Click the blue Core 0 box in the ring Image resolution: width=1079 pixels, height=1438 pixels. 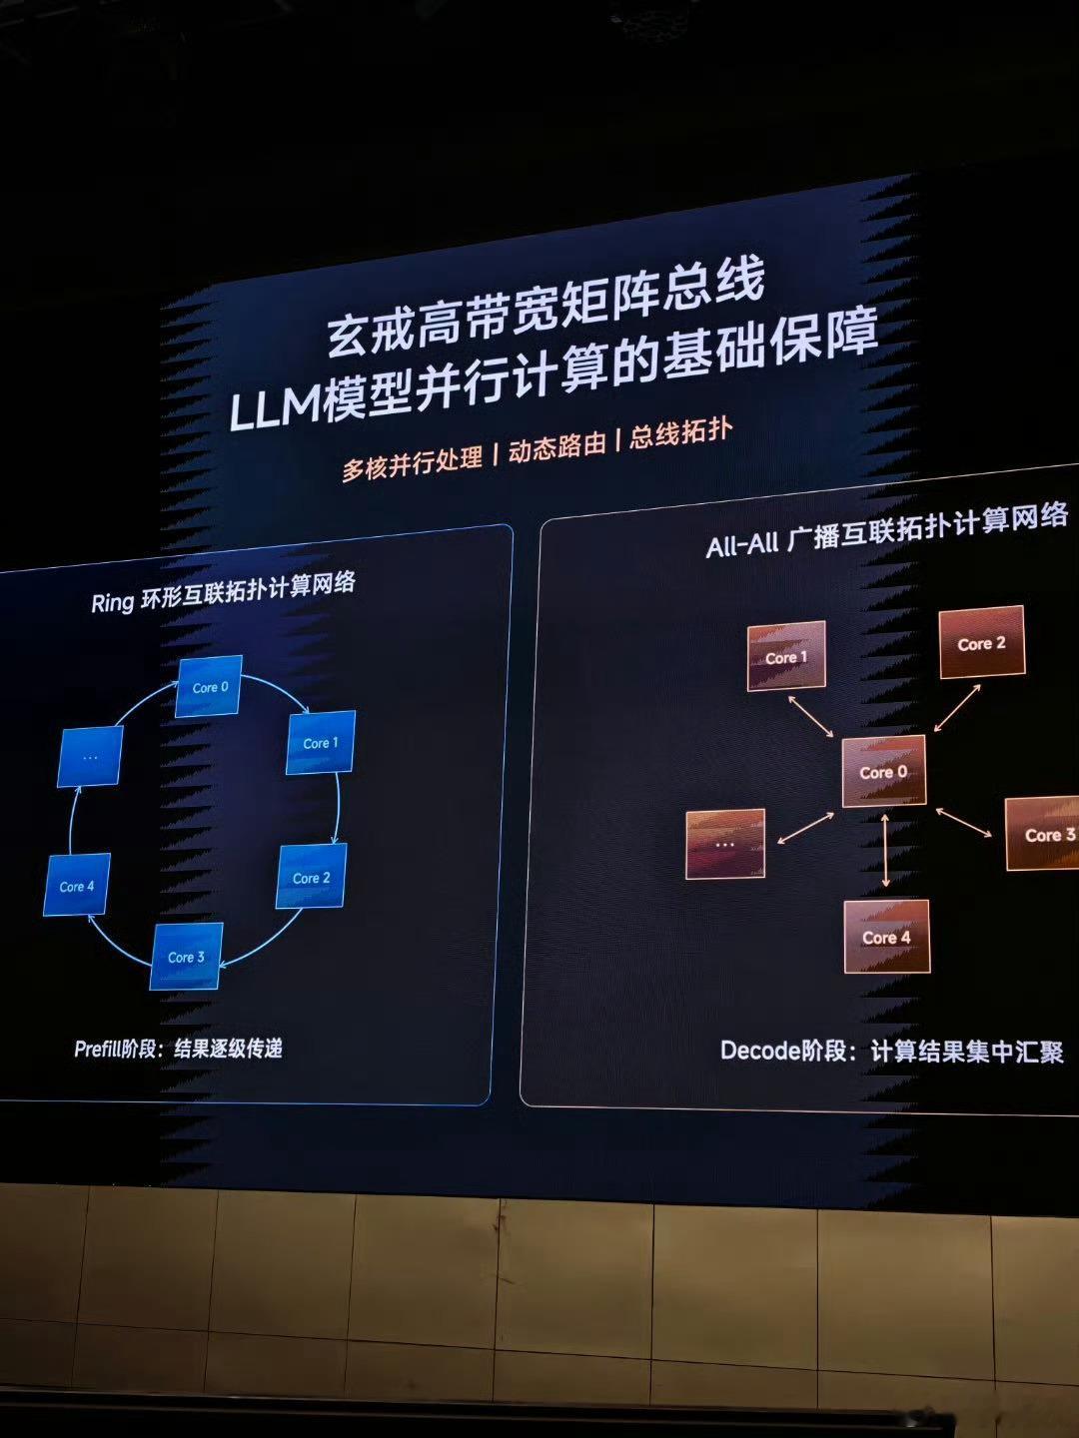pyautogui.click(x=209, y=686)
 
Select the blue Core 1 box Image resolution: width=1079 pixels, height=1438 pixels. pyautogui.click(x=321, y=742)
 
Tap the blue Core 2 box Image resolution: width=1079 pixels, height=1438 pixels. pyautogui.click(x=311, y=877)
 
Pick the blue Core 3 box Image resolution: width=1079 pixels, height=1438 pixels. pyautogui.click(x=186, y=957)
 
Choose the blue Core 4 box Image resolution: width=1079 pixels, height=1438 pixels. pyautogui.click(x=77, y=885)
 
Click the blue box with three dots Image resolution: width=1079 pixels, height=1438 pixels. pyautogui.click(x=90, y=757)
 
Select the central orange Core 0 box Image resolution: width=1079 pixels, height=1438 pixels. pyautogui.click(x=884, y=771)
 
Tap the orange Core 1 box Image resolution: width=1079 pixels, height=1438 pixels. pyautogui.click(x=786, y=656)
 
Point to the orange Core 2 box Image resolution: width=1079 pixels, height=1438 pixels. pyautogui.click(x=982, y=643)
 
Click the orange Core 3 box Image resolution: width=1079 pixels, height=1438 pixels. pyautogui.click(x=1044, y=834)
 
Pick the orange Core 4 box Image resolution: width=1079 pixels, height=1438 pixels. pyautogui.click(x=886, y=937)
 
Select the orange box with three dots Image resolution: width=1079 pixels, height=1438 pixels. pyautogui.click(x=725, y=844)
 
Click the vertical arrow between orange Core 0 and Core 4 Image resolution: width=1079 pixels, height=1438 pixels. pyautogui.click(x=885, y=851)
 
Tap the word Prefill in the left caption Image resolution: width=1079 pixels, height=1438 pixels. pyautogui.click(x=98, y=1049)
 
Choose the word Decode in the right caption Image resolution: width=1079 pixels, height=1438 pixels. pyautogui.click(x=761, y=1051)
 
